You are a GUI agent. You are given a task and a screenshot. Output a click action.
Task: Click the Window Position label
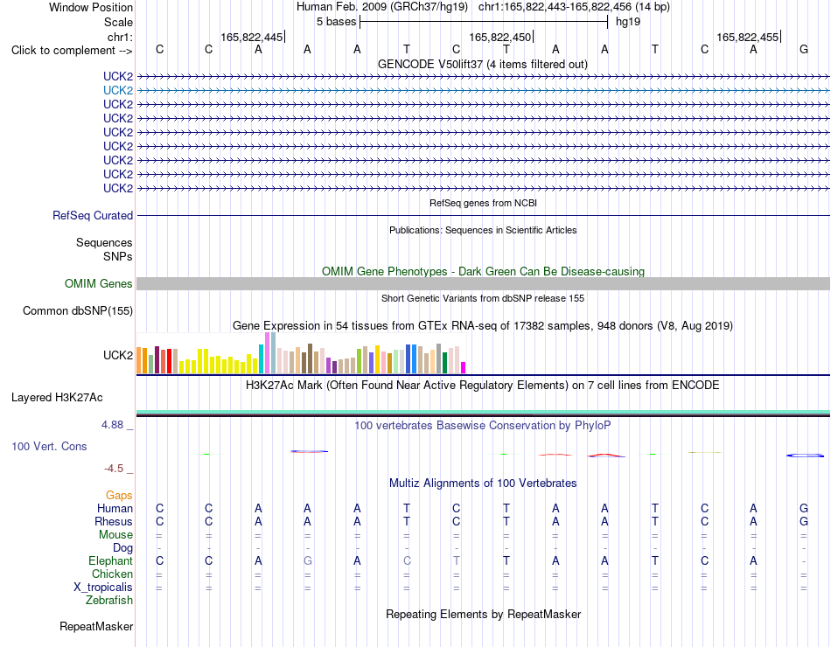pos(91,7)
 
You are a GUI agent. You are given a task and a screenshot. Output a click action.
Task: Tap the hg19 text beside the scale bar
pos(628,22)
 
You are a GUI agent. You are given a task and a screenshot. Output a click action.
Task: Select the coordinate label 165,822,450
pos(499,37)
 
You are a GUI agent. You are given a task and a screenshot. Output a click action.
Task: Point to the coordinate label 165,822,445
pos(252,37)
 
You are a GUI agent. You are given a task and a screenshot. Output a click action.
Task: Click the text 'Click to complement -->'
pos(72,51)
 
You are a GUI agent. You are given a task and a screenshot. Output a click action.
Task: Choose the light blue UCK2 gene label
pos(118,91)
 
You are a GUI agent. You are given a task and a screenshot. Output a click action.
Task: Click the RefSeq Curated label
pos(93,216)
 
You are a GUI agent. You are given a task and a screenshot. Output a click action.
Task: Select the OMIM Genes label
pos(99,283)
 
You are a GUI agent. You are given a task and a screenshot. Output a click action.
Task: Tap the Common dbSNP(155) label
pos(78,310)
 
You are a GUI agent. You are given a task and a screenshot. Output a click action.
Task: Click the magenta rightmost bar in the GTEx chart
pos(464,368)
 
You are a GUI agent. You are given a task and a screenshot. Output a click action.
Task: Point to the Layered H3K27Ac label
pos(57,398)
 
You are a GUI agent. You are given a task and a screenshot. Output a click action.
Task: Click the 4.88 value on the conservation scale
pos(112,425)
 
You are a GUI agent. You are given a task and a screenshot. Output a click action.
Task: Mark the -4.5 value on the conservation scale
pos(114,469)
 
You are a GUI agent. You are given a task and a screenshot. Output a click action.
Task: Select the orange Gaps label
pos(119,495)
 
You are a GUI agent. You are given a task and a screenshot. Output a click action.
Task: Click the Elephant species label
pos(111,560)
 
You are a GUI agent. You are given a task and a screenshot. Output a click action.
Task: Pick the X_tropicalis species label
pos(103,588)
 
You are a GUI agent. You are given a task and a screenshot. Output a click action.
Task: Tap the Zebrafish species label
pos(109,601)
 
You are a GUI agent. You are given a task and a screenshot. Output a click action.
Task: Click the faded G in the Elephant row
pos(307,560)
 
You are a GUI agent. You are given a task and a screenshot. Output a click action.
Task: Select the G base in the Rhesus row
pos(803,521)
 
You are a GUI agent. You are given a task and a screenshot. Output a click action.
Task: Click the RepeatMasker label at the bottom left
pos(96,626)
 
